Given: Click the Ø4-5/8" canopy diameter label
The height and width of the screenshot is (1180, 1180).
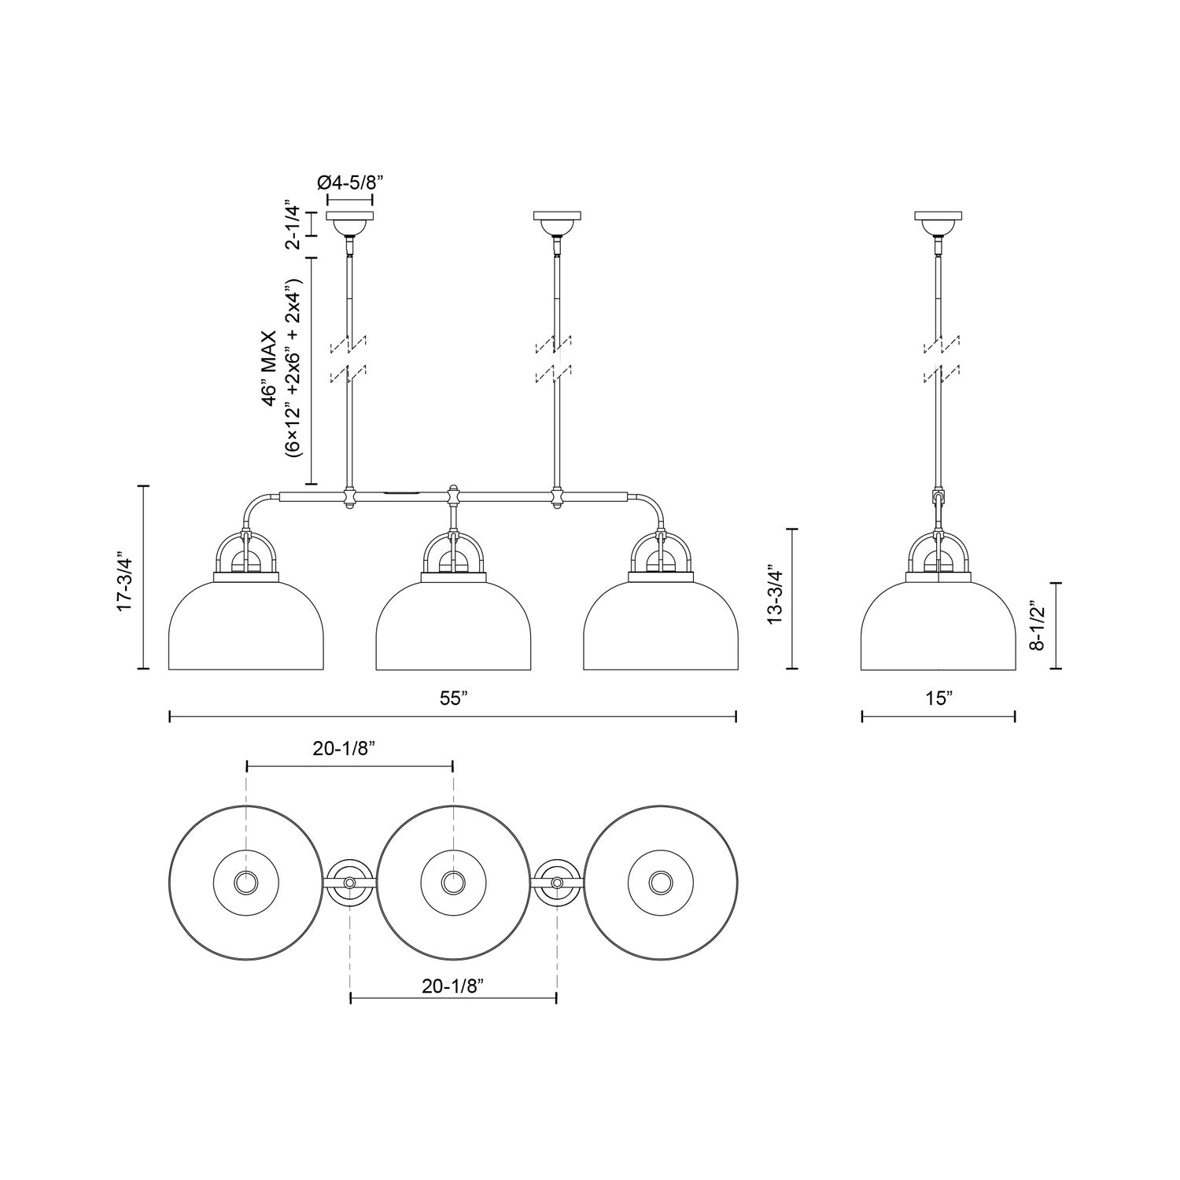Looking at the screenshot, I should [349, 183].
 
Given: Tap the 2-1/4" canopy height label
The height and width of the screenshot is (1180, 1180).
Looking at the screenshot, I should [293, 225].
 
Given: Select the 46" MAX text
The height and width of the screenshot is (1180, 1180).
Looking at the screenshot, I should [270, 369].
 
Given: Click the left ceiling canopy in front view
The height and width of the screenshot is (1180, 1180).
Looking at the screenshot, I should [350, 223].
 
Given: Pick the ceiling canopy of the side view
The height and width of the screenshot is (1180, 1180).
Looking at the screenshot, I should [938, 223].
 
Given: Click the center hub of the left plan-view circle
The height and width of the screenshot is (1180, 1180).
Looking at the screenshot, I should [246, 883].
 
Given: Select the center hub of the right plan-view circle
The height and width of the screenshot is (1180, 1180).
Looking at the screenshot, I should [659, 883].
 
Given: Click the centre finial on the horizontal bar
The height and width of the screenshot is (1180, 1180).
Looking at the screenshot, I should [452, 496].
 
